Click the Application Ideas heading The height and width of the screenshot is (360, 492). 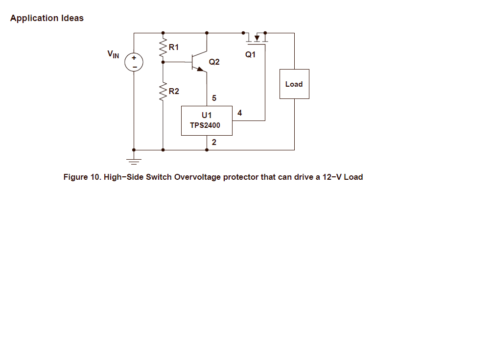pyautogui.click(x=47, y=18)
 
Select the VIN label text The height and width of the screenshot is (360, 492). pyautogui.click(x=113, y=54)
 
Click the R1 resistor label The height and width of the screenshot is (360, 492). pyautogui.click(x=174, y=47)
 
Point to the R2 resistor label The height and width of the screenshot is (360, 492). pyautogui.click(x=174, y=91)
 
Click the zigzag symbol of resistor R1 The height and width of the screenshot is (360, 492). pyautogui.click(x=163, y=48)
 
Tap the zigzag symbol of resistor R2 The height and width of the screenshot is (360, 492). pyautogui.click(x=163, y=92)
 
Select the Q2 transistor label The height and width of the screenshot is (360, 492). pyautogui.click(x=214, y=62)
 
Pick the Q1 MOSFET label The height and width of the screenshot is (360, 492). pyautogui.click(x=250, y=54)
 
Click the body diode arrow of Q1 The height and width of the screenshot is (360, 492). pyautogui.click(x=257, y=38)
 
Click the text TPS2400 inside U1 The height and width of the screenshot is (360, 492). pyautogui.click(x=205, y=125)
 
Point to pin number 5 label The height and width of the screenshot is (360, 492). pyautogui.click(x=214, y=98)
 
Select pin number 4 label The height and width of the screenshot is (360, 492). pyautogui.click(x=240, y=113)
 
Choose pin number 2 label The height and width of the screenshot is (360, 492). pyautogui.click(x=214, y=143)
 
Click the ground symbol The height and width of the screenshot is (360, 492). pyautogui.click(x=134, y=162)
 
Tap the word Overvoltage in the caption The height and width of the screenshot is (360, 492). pyautogui.click(x=198, y=177)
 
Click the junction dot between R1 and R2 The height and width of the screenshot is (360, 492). pyautogui.click(x=163, y=62)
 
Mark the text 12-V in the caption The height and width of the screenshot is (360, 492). pyautogui.click(x=332, y=177)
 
